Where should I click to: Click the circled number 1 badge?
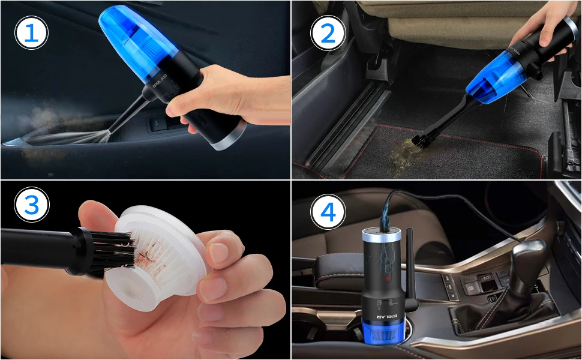coord(32,33)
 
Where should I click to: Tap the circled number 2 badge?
coord(328,33)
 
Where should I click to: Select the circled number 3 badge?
coord(32,205)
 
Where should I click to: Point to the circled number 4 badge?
coord(328,212)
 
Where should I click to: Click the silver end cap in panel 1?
coord(230,136)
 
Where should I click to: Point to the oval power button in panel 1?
coord(200,119)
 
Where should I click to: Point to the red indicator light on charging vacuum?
coord(388,278)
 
